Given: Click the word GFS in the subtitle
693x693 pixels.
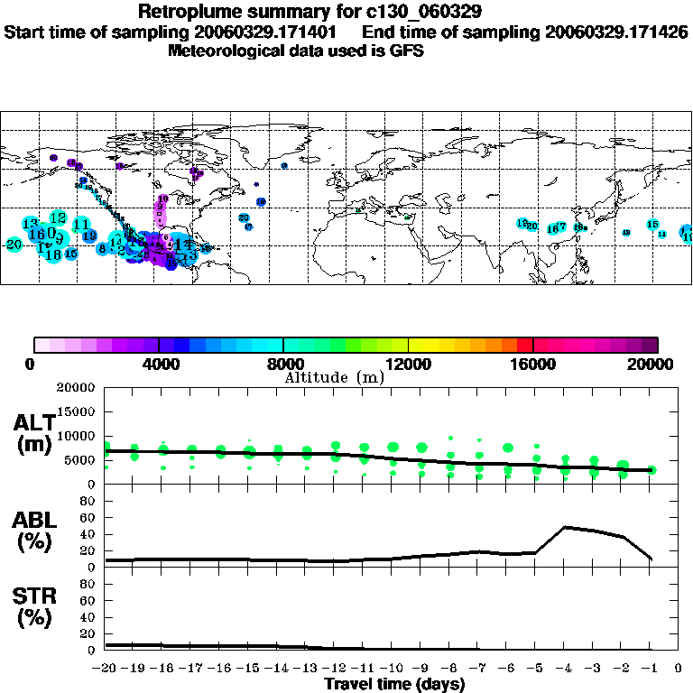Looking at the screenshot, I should coord(408,51).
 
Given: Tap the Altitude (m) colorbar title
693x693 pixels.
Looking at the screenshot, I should coord(334,377).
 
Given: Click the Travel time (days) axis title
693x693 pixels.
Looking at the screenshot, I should coord(394,684).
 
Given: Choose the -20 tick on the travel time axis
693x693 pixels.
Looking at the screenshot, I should coord(104,669).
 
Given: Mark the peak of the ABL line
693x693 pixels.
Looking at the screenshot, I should coord(565,527).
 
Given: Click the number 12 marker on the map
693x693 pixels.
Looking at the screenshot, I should coord(59,217).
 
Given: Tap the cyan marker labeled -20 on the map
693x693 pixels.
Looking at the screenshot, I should coord(14,245).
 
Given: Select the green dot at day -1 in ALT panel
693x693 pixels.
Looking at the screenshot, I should coord(651,470).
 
